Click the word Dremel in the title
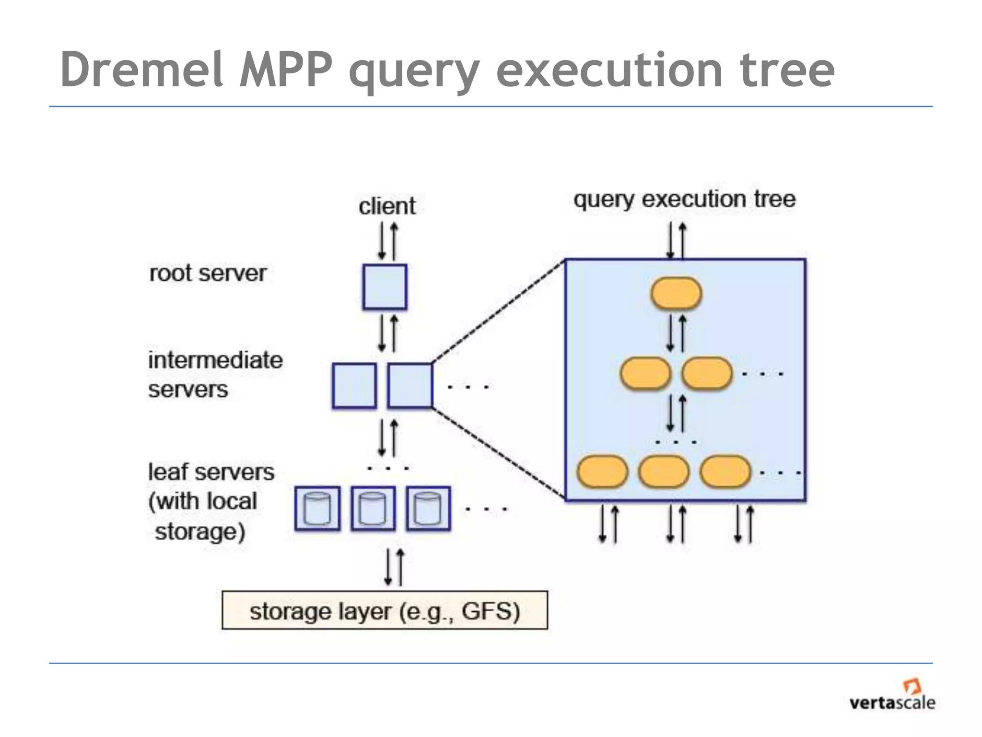pos(142,71)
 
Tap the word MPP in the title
pos(286,71)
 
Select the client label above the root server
pos(387,206)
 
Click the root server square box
pos(385,286)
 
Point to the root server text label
pos(208,273)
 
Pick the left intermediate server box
pos(354,386)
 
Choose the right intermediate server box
pos(410,386)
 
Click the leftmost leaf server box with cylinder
pos(317,509)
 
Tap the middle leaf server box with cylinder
pos(373,509)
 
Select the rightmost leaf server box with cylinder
pos(428,509)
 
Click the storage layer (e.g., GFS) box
pos(385,610)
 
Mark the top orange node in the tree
pos(676,293)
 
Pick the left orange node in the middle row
pos(645,373)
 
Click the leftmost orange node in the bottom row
pos(602,472)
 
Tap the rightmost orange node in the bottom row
pos(725,472)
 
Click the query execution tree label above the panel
pos(684,199)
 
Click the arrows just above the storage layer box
pos(394,567)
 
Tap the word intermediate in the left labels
pos(215,360)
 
